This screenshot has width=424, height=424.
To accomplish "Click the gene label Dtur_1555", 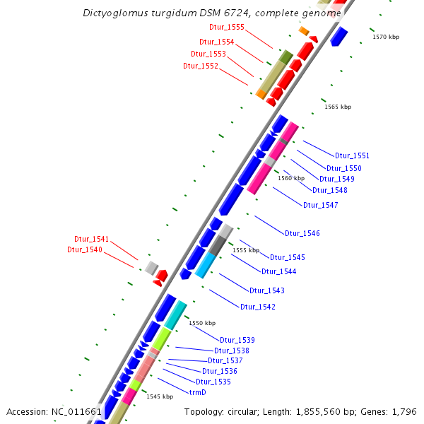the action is [227, 27].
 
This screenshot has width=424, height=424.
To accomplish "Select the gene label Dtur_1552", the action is [201, 66].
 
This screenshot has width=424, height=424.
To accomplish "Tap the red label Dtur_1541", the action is [92, 239].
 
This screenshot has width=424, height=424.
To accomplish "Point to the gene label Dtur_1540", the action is [85, 249].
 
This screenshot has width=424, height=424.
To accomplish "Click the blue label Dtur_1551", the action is [352, 155].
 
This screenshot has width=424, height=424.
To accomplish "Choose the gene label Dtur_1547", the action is [320, 205].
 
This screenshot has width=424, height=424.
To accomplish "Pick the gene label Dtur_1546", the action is [302, 233].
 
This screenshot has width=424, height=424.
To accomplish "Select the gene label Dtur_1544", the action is [278, 271].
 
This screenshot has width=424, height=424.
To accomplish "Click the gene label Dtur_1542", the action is [257, 307].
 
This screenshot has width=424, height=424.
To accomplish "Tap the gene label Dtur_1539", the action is [237, 340].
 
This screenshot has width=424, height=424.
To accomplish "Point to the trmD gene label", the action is [197, 391].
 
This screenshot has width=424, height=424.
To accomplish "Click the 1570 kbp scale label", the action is [386, 37].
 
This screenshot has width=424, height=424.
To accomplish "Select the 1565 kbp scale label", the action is [338, 107].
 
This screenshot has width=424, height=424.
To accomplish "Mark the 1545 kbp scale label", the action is [160, 396].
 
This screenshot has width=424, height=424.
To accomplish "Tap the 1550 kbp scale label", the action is [201, 322].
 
